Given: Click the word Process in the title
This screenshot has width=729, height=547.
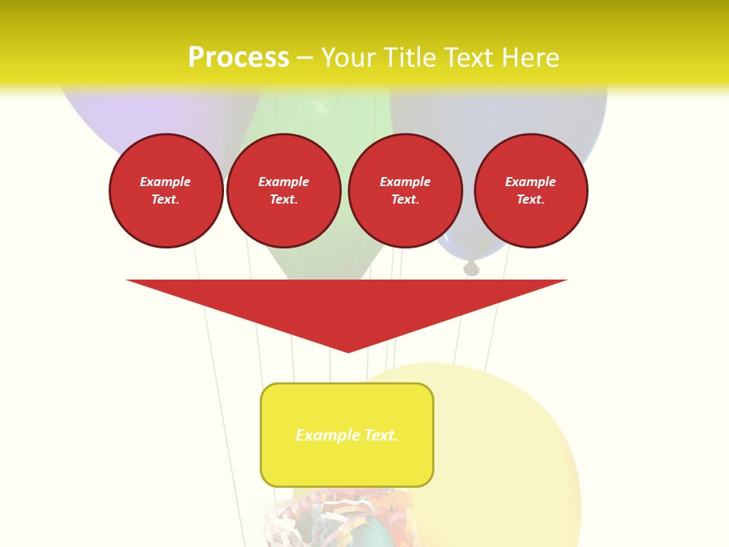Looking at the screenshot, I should point(238,58).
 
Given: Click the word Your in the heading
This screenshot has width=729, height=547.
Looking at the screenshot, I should point(348,58).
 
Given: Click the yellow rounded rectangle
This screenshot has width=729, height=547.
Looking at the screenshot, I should point(347,463).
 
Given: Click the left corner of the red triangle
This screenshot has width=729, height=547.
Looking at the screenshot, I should point(129,281).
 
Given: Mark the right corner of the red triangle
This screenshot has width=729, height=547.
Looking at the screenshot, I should point(564,281).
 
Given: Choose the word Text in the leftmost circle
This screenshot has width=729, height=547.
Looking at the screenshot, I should point(165,200).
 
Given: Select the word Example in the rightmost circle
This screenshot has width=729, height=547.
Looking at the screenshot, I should point(530,182).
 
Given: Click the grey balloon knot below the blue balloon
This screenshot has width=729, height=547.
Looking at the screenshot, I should point(472,267).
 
